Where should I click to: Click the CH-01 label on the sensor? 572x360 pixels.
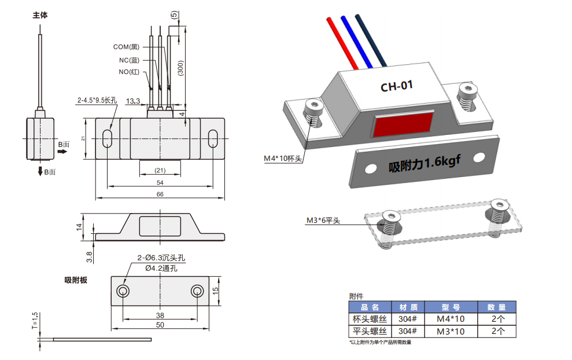pyautogui.click(x=396, y=87)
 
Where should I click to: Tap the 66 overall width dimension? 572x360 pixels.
pyautogui.click(x=160, y=194)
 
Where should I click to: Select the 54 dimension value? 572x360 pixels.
pyautogui.click(x=160, y=182)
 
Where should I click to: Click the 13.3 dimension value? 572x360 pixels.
pyautogui.click(x=133, y=101)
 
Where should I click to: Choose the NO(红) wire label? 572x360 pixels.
pyautogui.click(x=129, y=72)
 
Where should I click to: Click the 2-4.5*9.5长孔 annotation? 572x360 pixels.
pyautogui.click(x=97, y=100)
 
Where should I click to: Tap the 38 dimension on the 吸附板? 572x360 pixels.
pyautogui.click(x=160, y=315)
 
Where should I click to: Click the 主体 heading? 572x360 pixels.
pyautogui.click(x=40, y=16)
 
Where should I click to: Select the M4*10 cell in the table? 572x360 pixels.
pyautogui.click(x=450, y=319)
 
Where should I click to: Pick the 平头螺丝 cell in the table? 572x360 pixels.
pyautogui.click(x=370, y=332)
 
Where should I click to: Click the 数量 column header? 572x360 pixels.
pyautogui.click(x=496, y=307)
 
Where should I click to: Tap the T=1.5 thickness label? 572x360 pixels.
pyautogui.click(x=35, y=322)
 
